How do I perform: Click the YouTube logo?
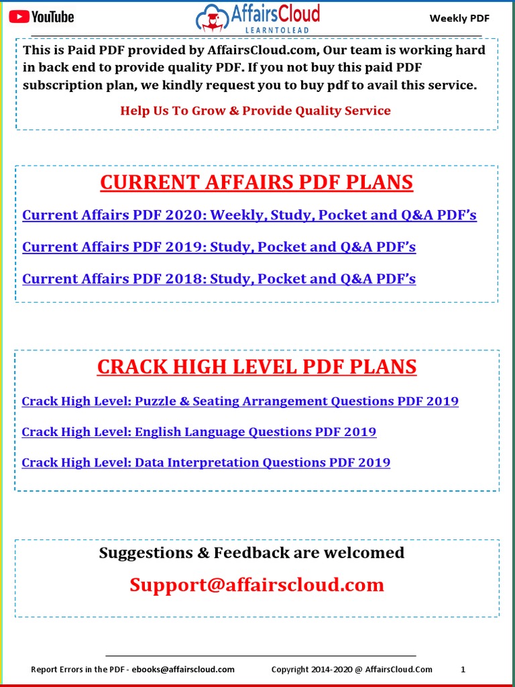(41, 17)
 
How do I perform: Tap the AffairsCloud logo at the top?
(257, 17)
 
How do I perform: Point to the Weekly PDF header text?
(459, 18)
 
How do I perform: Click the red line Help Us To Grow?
(255, 111)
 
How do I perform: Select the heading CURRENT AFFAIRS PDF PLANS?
(256, 182)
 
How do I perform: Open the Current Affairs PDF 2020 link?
(249, 215)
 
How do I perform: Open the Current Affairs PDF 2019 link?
(219, 247)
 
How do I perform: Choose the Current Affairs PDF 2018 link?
(219, 278)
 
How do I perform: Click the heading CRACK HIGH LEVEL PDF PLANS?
(257, 367)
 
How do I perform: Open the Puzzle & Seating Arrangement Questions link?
(240, 401)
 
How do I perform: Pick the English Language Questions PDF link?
(198, 432)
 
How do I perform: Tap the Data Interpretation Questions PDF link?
(206, 462)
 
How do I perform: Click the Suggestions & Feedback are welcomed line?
(251, 553)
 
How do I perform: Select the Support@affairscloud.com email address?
(257, 584)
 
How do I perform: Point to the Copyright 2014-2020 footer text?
(351, 669)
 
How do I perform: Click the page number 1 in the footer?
(463, 669)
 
